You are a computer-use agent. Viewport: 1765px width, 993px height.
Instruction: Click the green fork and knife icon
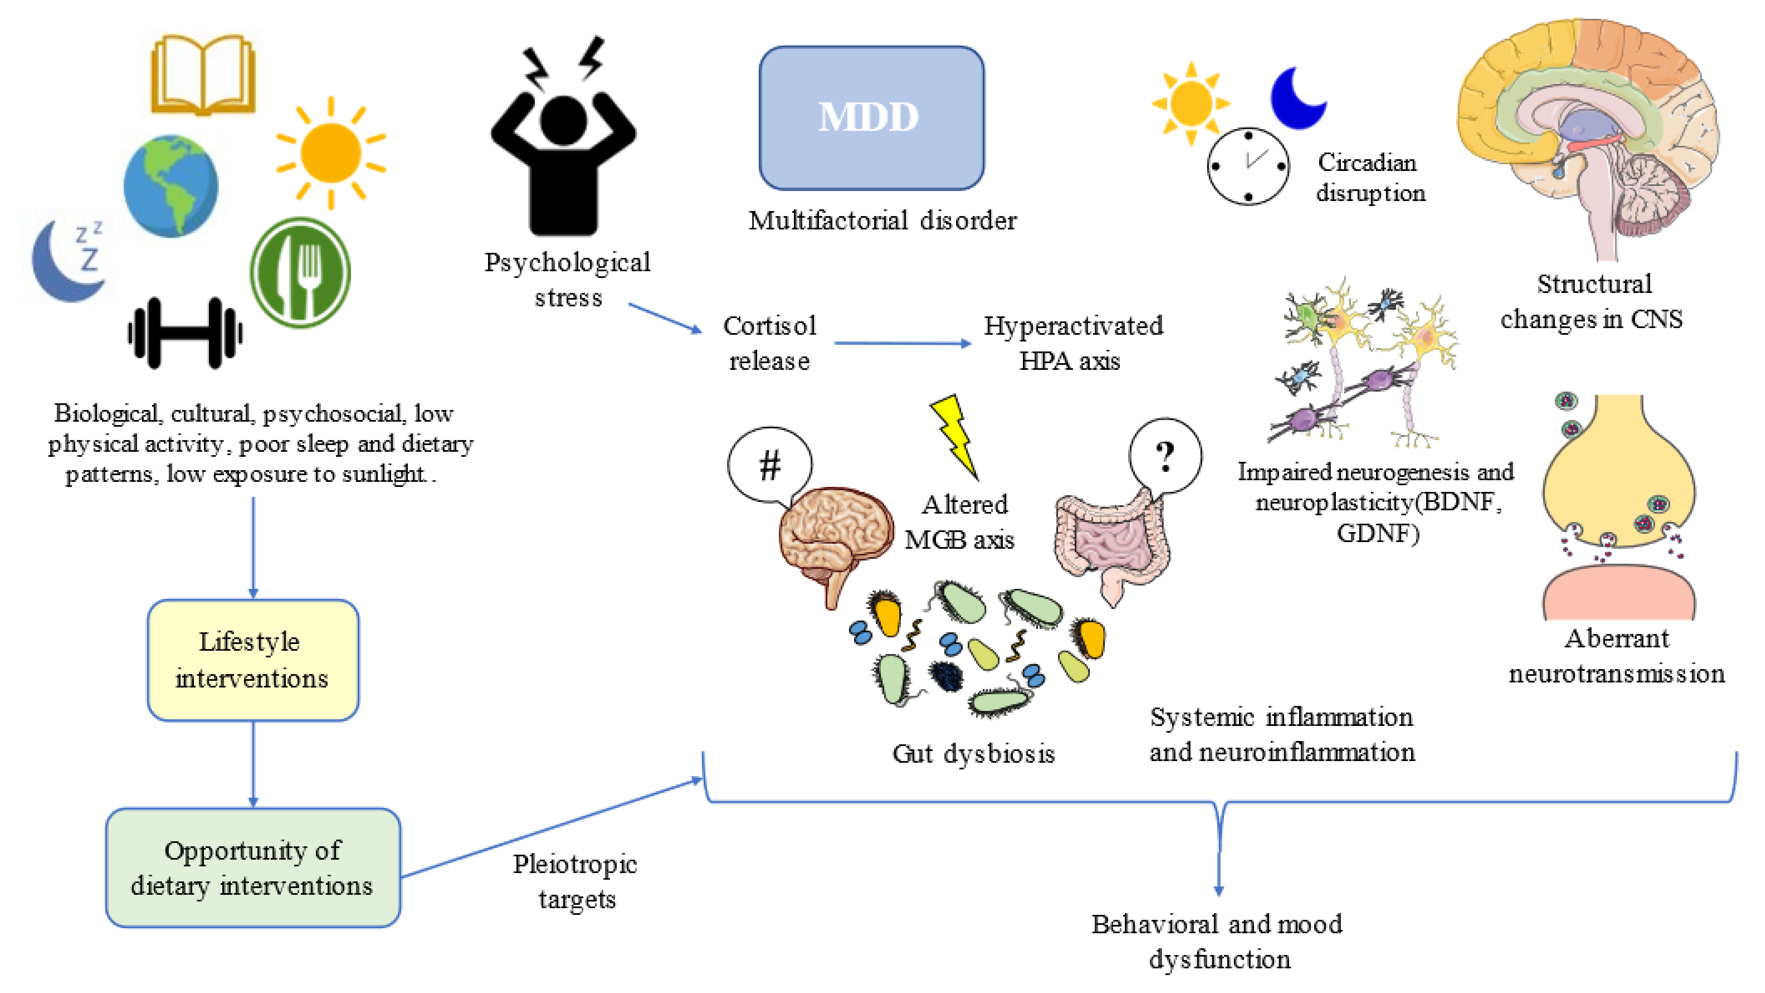[300, 273]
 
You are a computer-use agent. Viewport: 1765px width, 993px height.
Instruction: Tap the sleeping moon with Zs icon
[69, 260]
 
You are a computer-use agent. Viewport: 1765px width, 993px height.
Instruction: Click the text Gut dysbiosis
[973, 754]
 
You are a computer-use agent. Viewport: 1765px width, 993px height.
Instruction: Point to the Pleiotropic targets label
[575, 881]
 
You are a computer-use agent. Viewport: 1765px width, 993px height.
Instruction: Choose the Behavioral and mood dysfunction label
[1218, 942]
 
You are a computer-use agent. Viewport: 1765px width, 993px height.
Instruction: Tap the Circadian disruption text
[1369, 178]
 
